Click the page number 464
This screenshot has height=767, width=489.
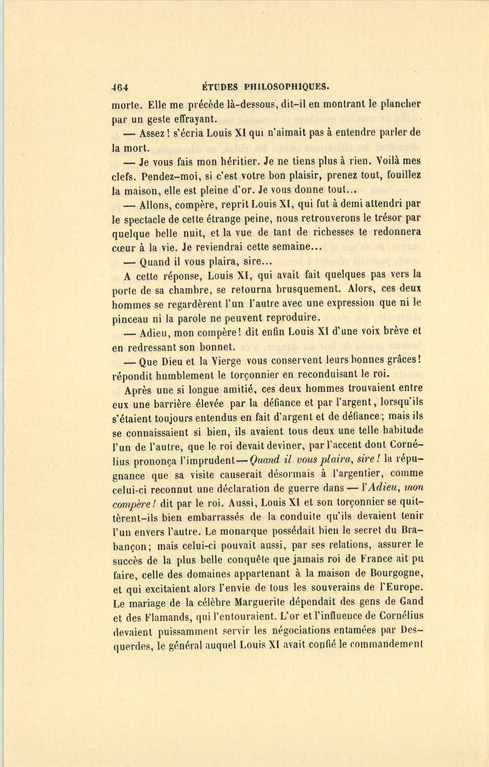tap(119, 86)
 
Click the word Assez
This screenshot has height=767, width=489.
tap(154, 133)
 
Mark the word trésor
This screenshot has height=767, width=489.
tap(387, 218)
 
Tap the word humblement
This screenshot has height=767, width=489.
tap(189, 374)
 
